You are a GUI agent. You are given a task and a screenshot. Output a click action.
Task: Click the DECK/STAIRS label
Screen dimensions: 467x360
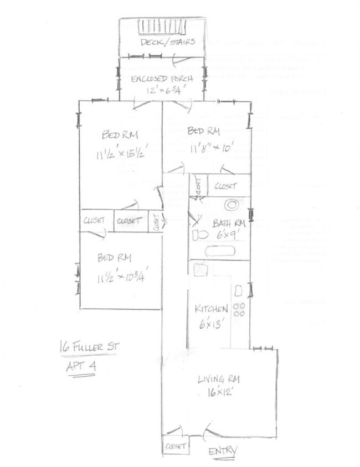(167, 42)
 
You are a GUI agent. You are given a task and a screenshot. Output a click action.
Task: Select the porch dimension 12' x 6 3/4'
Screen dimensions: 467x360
(162, 90)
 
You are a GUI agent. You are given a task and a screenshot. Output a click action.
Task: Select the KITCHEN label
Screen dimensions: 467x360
(211, 309)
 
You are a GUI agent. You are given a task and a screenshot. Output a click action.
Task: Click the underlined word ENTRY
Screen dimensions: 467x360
(223, 451)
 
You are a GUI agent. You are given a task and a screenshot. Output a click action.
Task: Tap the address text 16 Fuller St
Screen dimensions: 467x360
(89, 347)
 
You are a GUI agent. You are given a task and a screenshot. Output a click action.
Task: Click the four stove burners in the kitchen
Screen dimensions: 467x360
(239, 309)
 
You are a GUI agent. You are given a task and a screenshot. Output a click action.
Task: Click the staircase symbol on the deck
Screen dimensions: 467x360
(163, 26)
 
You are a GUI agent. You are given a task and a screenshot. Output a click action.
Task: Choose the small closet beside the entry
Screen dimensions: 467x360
(175, 445)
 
